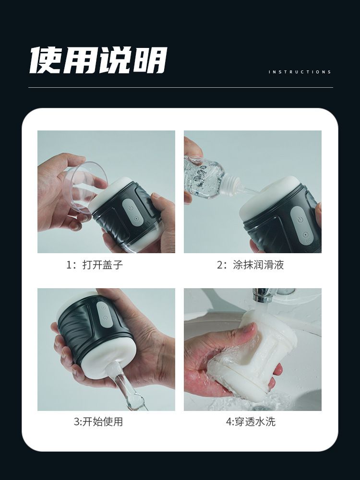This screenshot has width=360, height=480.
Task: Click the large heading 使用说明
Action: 98,60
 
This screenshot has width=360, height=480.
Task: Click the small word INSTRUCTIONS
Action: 300,72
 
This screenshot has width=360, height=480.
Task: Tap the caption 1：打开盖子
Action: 95,265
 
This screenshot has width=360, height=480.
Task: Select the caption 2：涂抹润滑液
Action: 250,265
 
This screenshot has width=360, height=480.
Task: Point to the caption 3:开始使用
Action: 98,421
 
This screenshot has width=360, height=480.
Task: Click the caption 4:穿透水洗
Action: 251,421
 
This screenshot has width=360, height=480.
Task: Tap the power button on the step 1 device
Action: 131,208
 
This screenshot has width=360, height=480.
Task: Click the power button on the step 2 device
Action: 300,220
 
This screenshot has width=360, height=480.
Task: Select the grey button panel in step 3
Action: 102,314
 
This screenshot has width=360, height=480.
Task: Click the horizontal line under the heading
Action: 180,88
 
